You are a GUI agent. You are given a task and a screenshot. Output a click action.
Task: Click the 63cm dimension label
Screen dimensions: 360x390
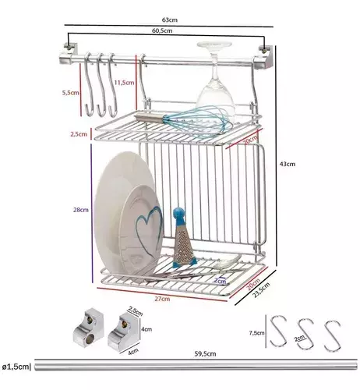170,19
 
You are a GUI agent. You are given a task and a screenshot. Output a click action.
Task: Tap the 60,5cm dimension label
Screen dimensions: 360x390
162,30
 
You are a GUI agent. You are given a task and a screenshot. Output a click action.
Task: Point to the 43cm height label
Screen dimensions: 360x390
288,164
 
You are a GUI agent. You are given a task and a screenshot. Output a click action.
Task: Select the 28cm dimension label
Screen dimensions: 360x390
81,210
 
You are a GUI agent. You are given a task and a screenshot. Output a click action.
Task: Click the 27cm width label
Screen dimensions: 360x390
162,299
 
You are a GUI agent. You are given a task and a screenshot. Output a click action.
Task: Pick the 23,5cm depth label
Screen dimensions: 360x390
262,289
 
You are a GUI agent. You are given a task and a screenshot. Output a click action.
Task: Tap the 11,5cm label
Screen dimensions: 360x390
125,83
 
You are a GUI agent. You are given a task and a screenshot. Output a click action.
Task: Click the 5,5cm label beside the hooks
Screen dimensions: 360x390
71,93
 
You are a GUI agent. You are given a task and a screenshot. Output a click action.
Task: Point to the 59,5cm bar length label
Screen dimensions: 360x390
205,354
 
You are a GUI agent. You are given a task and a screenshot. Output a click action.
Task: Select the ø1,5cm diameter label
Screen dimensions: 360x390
16,367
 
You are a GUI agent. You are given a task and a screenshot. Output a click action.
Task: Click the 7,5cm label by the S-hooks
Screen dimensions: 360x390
256,333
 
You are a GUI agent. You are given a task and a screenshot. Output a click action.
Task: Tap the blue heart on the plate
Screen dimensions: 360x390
149,228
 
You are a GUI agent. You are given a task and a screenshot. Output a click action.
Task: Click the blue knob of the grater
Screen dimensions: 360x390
179,213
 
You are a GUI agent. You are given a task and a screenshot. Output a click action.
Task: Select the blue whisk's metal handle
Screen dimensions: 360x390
149,117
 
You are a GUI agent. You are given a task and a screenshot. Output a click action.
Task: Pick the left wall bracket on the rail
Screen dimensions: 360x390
69,55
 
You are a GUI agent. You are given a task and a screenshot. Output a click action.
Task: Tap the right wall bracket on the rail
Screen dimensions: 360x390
264,58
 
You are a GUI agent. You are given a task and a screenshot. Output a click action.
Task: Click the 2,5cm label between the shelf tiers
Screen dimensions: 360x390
79,134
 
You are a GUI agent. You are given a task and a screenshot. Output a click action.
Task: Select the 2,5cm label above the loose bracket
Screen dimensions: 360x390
135,311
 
